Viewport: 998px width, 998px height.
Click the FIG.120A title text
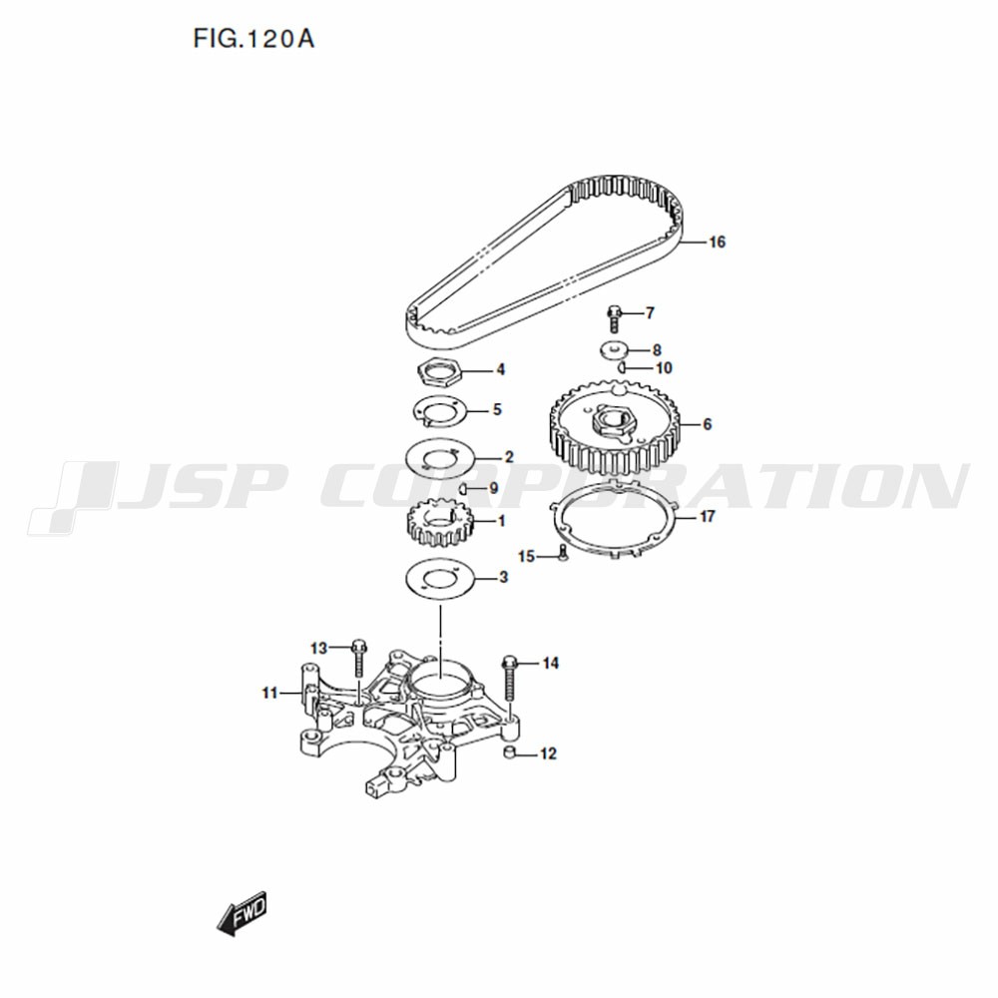(x=253, y=39)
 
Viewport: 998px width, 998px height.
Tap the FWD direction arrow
(x=243, y=913)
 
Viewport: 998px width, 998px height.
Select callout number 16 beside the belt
(x=717, y=242)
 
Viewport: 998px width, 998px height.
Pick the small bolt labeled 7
(x=614, y=319)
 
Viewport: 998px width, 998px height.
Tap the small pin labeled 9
(x=464, y=489)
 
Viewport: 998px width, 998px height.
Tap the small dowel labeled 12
(x=510, y=753)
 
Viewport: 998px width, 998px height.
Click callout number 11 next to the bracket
(x=269, y=693)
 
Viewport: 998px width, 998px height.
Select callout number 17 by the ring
(x=708, y=516)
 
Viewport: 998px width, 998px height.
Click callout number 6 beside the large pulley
(x=708, y=424)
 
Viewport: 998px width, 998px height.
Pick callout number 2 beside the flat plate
(x=509, y=457)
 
